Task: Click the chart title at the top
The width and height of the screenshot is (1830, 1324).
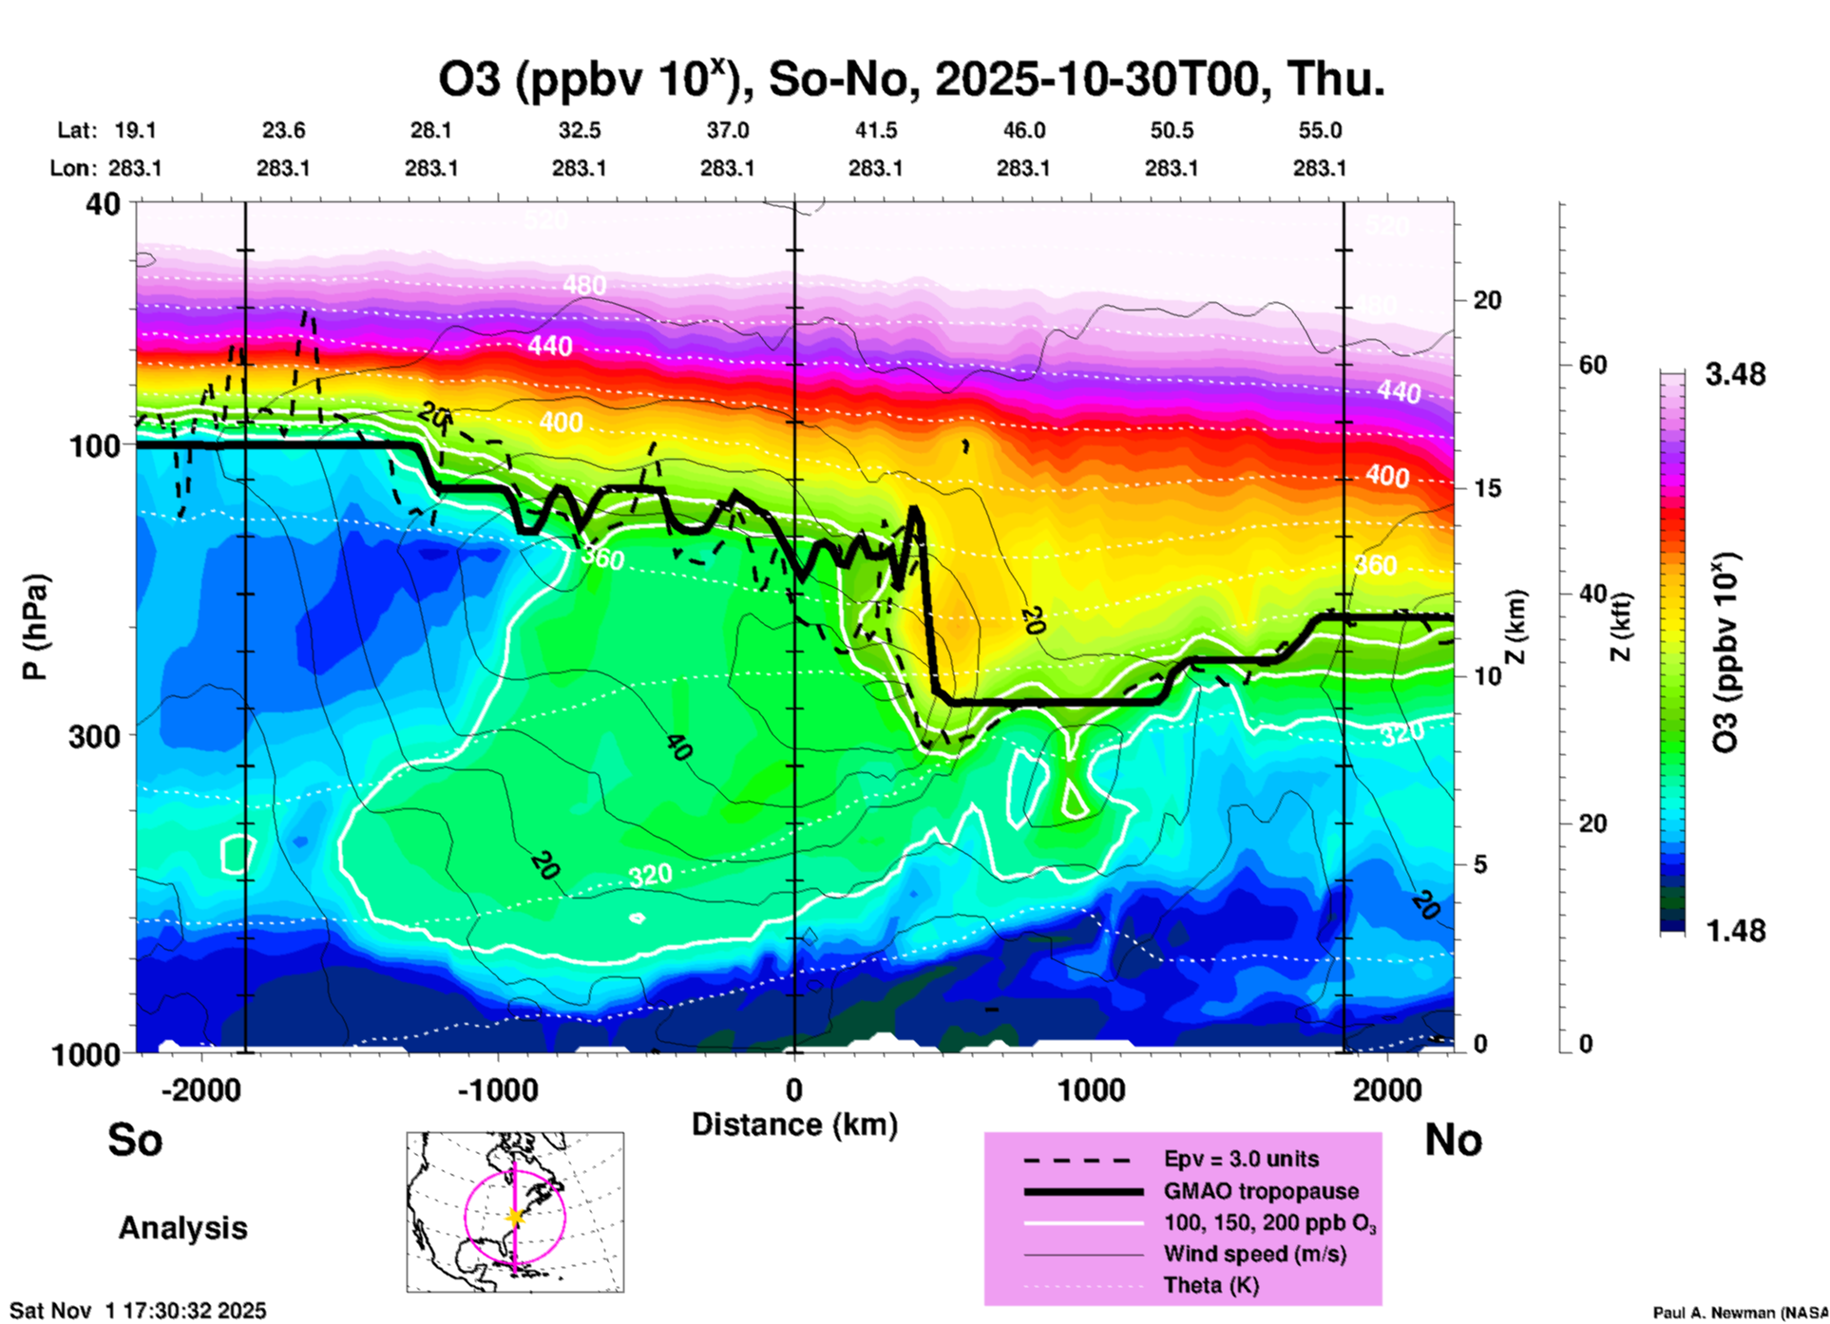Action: (910, 80)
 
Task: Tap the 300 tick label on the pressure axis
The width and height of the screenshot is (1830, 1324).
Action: (95, 736)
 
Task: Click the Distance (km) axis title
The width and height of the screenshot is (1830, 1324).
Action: (794, 1125)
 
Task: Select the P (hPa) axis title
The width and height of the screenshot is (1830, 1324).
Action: (34, 627)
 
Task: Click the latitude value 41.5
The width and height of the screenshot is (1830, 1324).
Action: (875, 130)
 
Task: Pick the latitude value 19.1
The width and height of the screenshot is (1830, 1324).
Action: (135, 130)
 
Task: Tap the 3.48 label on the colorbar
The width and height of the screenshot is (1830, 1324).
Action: (1735, 374)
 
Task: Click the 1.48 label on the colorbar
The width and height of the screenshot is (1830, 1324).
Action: (1735, 930)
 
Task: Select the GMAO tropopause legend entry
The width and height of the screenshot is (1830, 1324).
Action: (1261, 1191)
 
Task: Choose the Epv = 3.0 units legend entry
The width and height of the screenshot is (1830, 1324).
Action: (1241, 1159)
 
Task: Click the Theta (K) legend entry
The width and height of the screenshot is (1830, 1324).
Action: (1210, 1285)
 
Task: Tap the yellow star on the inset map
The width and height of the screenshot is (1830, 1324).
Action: (515, 1217)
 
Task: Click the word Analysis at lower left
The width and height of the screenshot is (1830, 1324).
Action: (182, 1228)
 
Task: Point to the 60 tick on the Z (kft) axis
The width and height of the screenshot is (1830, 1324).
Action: (1592, 365)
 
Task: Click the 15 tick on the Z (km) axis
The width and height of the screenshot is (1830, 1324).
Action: (1487, 488)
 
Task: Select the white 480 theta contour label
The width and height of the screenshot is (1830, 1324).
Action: (583, 284)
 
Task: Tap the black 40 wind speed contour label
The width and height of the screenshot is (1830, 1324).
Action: (677, 747)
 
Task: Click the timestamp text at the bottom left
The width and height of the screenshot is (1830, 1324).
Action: (138, 1311)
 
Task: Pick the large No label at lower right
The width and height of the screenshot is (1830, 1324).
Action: (1453, 1140)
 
